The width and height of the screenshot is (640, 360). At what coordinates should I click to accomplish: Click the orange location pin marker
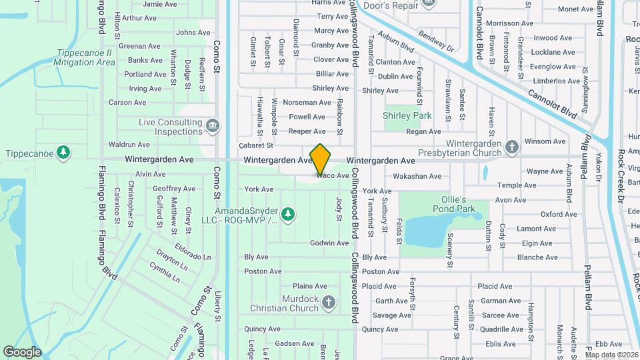(321, 159)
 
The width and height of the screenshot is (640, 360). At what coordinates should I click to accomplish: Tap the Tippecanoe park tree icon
(63, 153)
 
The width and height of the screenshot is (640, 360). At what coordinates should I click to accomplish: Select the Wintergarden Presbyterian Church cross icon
(511, 147)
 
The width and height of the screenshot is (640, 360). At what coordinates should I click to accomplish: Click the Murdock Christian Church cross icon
(328, 303)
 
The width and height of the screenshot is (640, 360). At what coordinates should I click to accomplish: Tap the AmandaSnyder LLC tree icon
(287, 214)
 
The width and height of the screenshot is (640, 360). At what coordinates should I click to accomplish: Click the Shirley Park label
(407, 115)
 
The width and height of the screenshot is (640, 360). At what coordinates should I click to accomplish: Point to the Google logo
(22, 351)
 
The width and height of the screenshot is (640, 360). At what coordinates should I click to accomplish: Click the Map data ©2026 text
(611, 355)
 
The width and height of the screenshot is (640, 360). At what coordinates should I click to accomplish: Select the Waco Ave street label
(333, 176)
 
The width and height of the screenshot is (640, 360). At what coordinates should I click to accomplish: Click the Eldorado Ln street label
(193, 257)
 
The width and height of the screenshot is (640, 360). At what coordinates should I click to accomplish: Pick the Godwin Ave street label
(329, 243)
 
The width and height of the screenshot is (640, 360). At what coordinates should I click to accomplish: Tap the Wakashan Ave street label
(417, 177)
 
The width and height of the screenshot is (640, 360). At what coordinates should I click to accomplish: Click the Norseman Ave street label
(307, 103)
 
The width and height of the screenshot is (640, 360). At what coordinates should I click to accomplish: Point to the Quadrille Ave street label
(501, 329)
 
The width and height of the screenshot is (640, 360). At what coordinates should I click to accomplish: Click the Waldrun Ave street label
(129, 144)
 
